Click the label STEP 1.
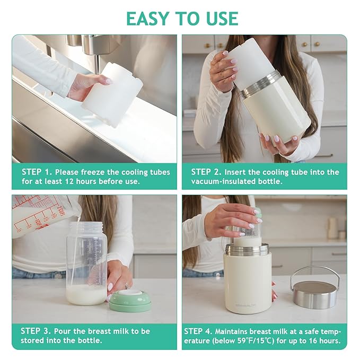[37, 172]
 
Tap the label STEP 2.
[206, 172]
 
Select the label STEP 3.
[37, 331]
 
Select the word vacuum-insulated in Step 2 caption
[219, 181]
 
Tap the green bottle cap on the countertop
[130, 300]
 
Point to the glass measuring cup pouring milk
[40, 215]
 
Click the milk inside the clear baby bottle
[86, 294]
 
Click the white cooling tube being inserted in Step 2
[251, 61]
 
